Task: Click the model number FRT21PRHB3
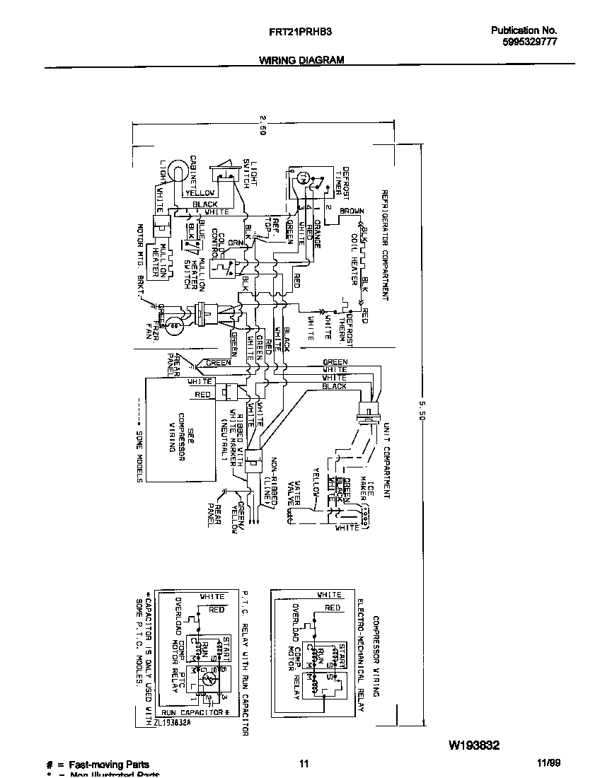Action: (x=300, y=32)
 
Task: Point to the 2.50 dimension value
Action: (x=261, y=125)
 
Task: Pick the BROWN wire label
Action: (x=351, y=211)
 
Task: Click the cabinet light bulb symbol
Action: (x=175, y=171)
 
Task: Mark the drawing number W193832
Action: (x=474, y=745)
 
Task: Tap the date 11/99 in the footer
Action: (x=548, y=763)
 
